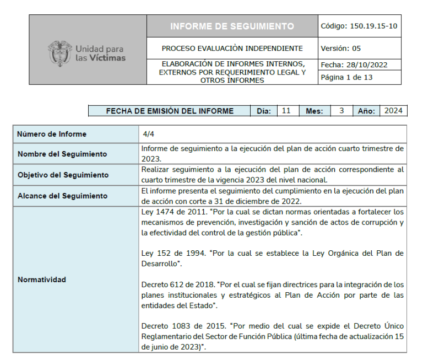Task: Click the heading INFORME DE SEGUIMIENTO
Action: point(232,26)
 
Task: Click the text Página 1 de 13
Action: point(347,77)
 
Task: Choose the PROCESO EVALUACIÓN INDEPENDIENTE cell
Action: point(232,49)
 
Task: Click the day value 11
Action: point(286,111)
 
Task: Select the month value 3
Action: point(341,111)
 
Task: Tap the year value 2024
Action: point(393,111)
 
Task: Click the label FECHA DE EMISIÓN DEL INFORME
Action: point(170,111)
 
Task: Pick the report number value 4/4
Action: point(148,134)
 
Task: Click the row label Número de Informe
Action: point(52,134)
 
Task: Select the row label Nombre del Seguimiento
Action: point(62,154)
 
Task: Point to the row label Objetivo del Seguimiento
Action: point(63,175)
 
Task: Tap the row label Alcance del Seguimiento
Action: point(62,196)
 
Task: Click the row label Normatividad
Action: point(42,280)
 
